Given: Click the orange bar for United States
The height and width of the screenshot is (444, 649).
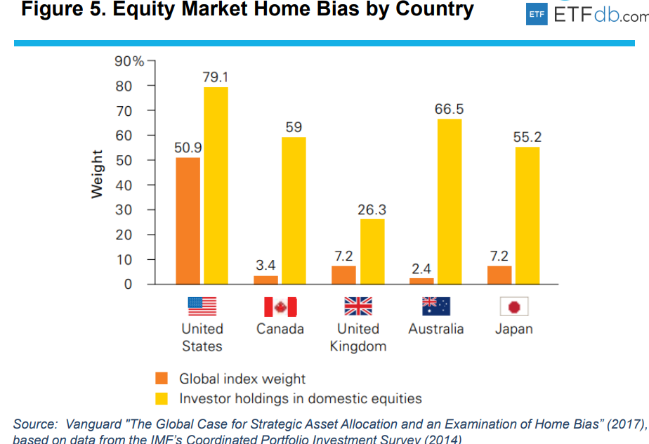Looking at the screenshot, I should [188, 221].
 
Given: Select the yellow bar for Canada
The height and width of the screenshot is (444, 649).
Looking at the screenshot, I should [294, 211].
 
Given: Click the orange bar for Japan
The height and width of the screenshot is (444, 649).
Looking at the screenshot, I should [499, 275].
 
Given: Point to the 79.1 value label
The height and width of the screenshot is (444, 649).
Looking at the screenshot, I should [216, 77].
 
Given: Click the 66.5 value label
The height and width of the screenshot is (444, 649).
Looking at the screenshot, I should [449, 110].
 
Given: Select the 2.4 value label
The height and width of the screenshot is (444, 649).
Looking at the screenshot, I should [421, 268].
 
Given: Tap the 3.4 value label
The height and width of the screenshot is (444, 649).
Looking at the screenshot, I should [265, 266].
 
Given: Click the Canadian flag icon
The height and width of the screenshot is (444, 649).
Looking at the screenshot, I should [280, 307].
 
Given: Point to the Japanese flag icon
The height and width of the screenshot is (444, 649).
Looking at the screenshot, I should [513, 307].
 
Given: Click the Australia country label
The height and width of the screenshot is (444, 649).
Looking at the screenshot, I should [435, 329].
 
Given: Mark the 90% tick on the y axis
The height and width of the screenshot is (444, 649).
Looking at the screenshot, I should [129, 61].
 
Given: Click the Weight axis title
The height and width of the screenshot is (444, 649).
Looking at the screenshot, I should [98, 174].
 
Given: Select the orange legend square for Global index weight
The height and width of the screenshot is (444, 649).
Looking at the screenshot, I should [162, 379].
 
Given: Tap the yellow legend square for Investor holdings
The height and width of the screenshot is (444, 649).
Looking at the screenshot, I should [162, 398].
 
